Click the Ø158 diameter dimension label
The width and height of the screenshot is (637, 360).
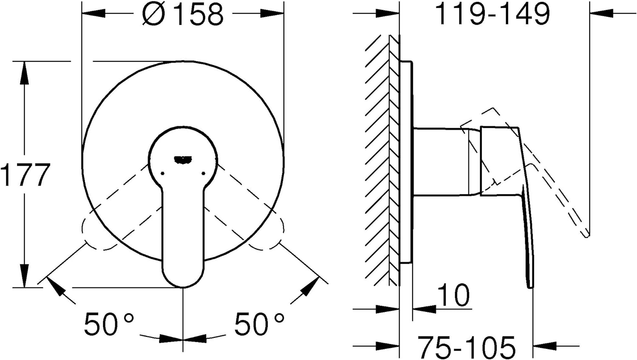click(183, 14)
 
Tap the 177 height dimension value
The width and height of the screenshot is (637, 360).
click(25, 175)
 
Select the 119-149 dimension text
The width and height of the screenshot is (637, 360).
click(493, 14)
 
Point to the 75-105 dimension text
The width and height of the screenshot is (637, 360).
click(467, 348)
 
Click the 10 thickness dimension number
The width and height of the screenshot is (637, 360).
click(453, 295)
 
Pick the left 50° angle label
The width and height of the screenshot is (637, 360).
click(109, 323)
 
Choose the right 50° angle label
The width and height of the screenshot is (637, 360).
click(259, 323)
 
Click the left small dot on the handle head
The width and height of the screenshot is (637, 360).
click(162, 173)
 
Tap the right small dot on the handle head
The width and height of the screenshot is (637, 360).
click(203, 173)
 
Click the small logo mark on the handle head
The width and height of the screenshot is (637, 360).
click(183, 160)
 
